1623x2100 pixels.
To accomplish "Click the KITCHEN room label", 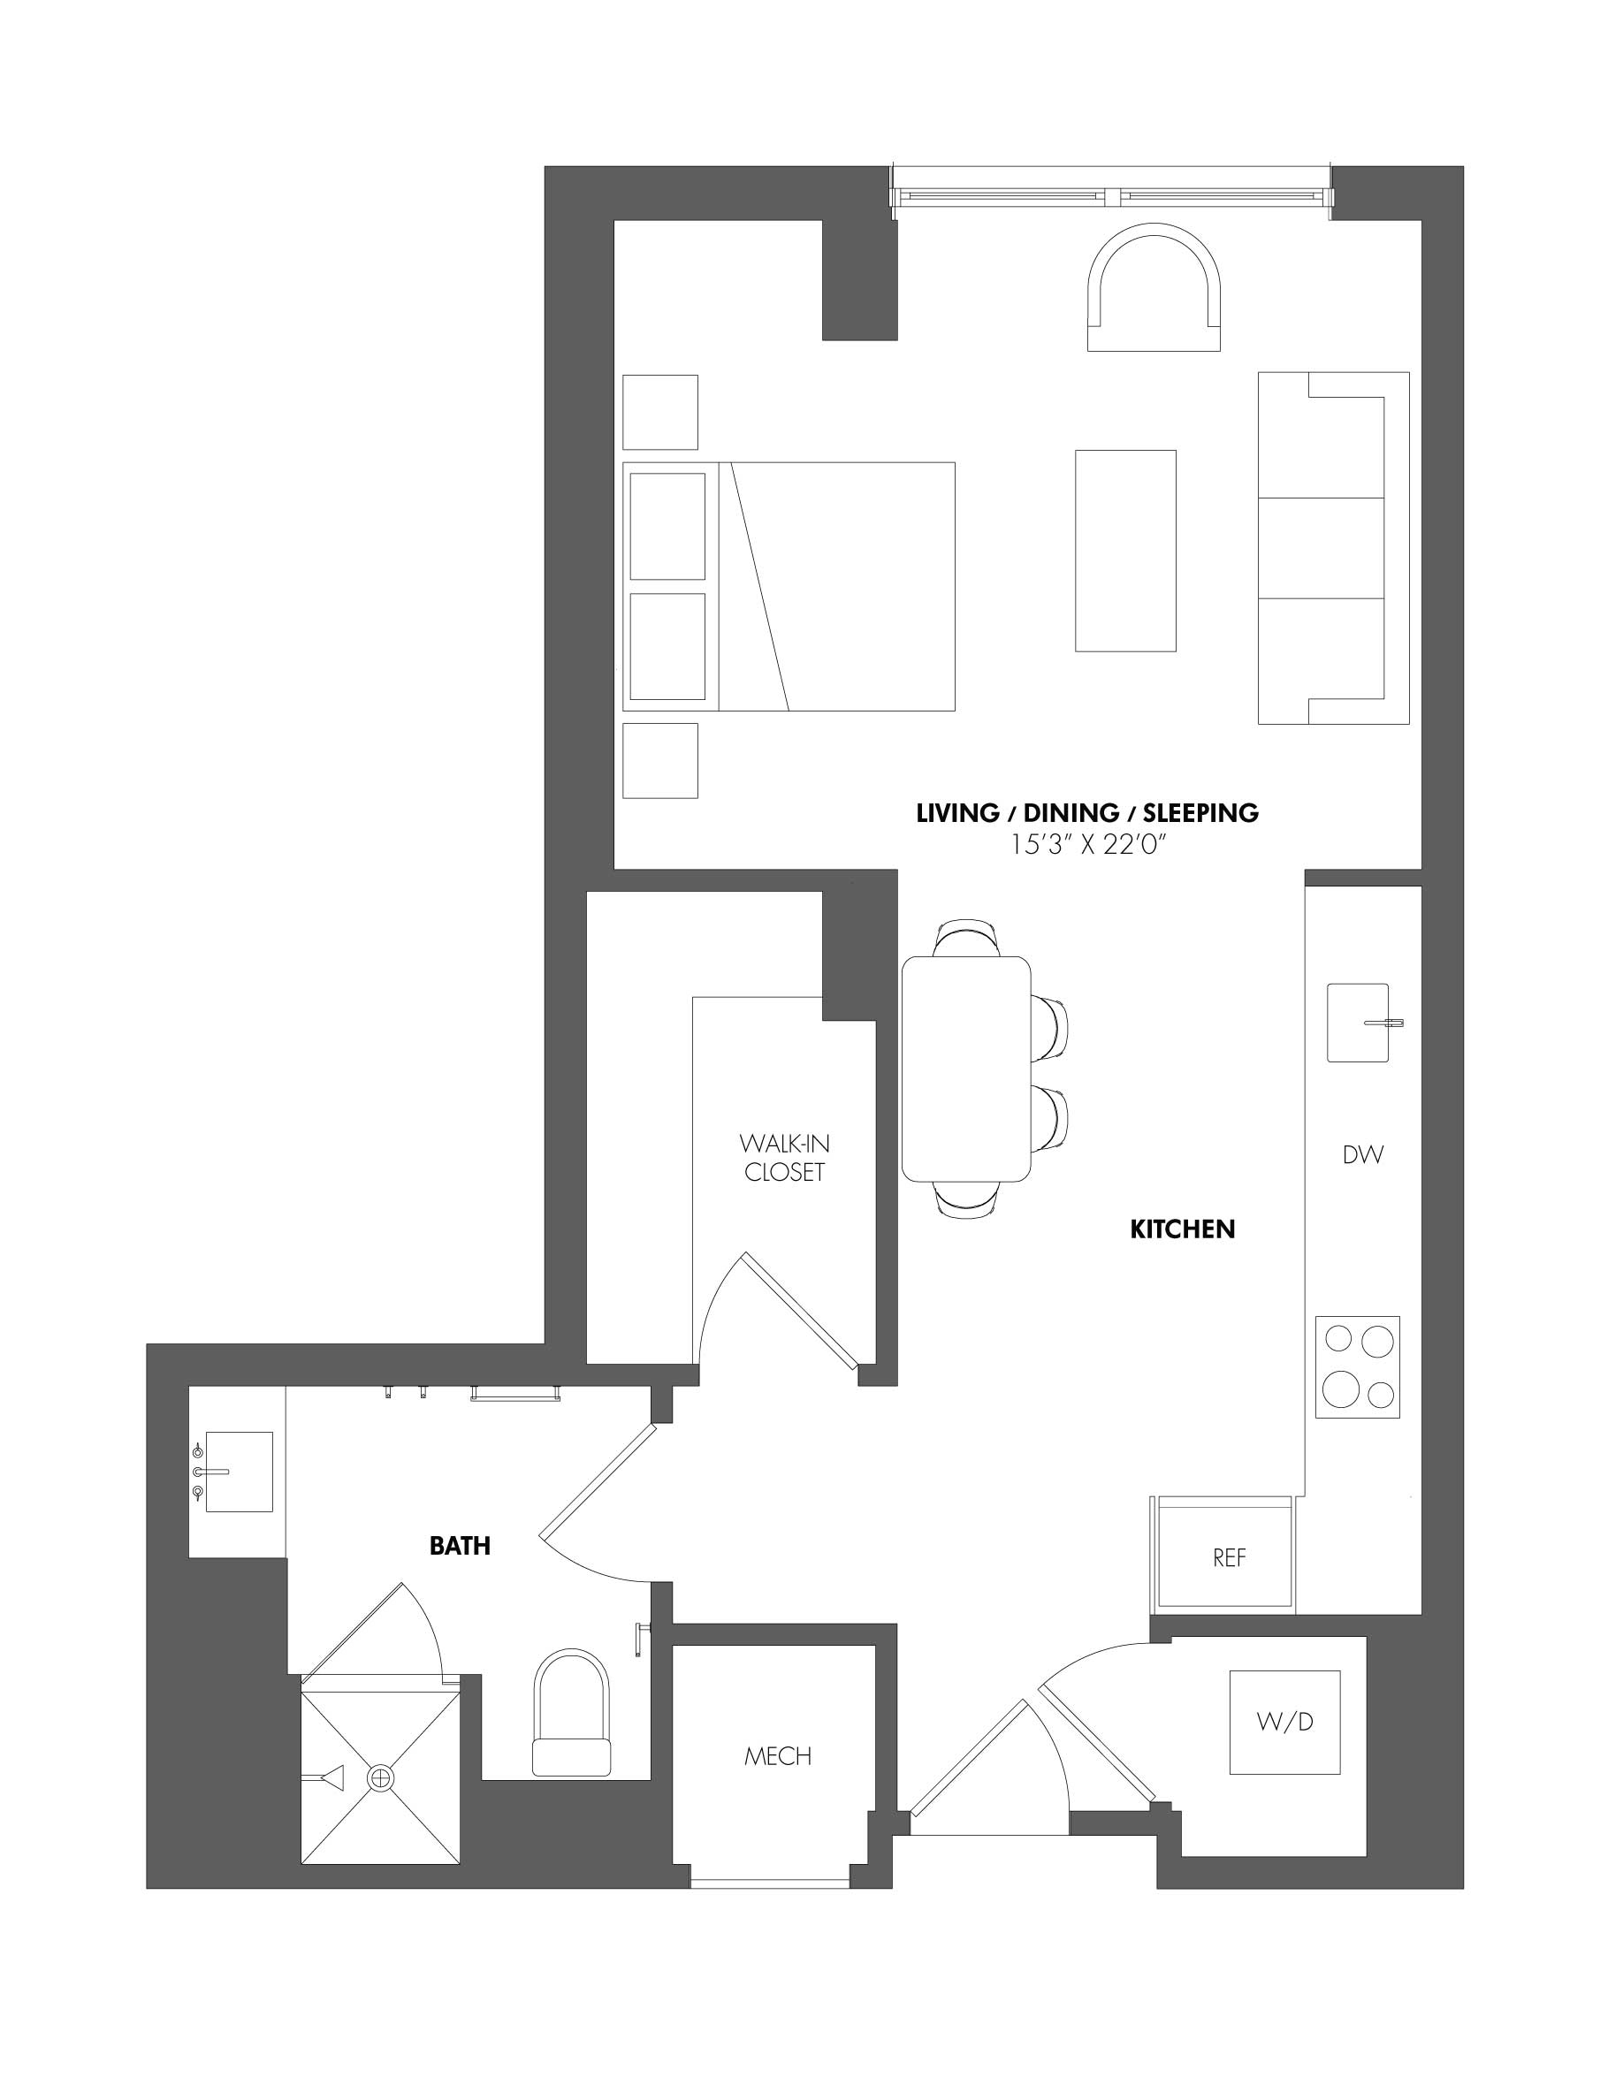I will pos(1182,1229).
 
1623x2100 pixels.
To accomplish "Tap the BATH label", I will pos(460,1545).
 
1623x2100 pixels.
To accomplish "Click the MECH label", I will pos(778,1757).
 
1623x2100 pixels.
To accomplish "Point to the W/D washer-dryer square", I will pos(1284,1722).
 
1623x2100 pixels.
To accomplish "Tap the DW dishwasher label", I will pos(1362,1155).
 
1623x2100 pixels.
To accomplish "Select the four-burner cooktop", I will pos(1358,1366).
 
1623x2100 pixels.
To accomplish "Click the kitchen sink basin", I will pos(1357,1022).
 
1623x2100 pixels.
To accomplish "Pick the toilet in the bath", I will pos(571,1713).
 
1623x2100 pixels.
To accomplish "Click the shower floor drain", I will pos(381,1778).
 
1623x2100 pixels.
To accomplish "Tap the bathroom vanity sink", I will pos(238,1472).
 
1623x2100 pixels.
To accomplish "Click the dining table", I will pos(966,1069).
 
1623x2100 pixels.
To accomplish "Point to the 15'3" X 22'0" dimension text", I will pos(1087,845).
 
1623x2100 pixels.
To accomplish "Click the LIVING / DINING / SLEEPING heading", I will pos(1087,812).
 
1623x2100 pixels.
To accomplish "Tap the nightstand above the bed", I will pos(659,412).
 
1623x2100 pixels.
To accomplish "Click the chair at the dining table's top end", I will pos(968,937).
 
